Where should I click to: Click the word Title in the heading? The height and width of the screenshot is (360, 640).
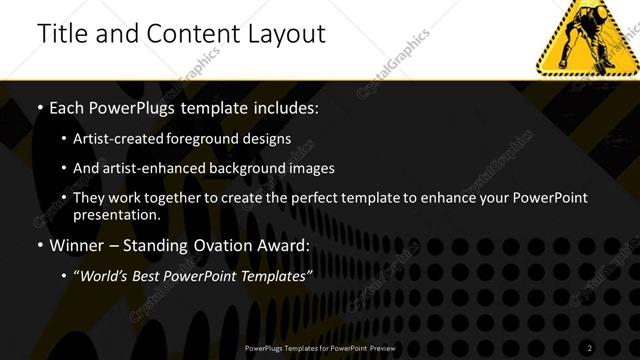[x=60, y=33]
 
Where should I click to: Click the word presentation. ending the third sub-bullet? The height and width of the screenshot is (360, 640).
[x=117, y=214]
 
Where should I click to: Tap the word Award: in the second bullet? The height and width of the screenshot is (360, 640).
[x=283, y=245]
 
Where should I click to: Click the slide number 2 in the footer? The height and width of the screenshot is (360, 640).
[x=590, y=347]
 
